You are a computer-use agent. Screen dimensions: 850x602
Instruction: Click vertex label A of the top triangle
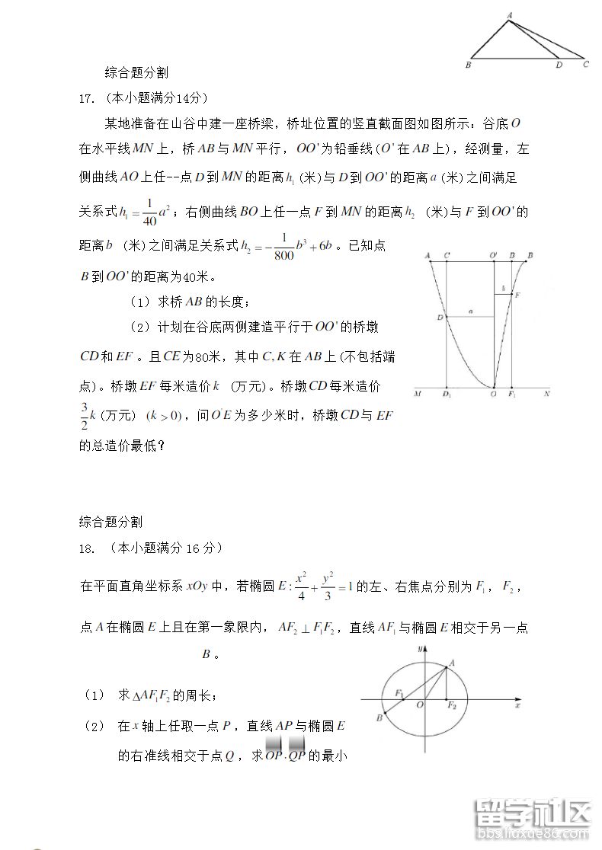(x=509, y=13)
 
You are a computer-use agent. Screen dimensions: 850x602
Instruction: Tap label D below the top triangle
(x=559, y=66)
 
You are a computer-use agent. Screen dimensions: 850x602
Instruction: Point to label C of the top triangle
(x=585, y=66)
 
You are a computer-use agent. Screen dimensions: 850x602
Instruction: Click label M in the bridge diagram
(x=418, y=395)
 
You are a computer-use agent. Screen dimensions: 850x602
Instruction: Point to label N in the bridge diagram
(x=546, y=395)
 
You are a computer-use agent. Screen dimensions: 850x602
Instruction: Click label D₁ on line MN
(x=447, y=395)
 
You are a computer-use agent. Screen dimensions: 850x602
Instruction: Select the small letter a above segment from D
(x=472, y=311)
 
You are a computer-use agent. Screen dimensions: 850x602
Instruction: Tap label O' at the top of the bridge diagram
(x=494, y=255)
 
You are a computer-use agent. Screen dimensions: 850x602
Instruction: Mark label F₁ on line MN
(x=512, y=395)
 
